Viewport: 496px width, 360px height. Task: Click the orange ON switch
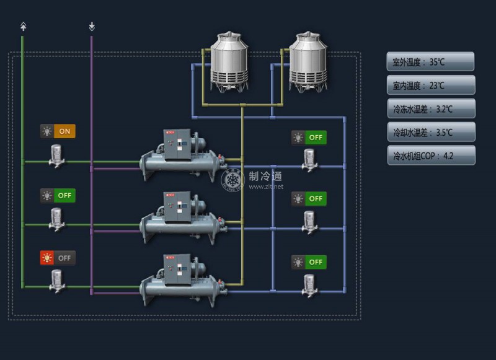64,131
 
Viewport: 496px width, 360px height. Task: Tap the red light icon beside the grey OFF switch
47,257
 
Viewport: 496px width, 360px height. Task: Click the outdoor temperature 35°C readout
431,62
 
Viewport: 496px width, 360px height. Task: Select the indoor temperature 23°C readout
431,86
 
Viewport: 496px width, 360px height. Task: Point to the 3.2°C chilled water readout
431,108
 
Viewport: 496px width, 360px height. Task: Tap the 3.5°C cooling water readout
431,132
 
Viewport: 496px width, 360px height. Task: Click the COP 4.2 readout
431,156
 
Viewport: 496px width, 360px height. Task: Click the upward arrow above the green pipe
23,27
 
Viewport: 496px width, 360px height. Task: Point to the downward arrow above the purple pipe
92,27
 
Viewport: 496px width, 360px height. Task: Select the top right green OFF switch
316,138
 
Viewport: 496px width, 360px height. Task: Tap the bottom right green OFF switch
316,262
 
